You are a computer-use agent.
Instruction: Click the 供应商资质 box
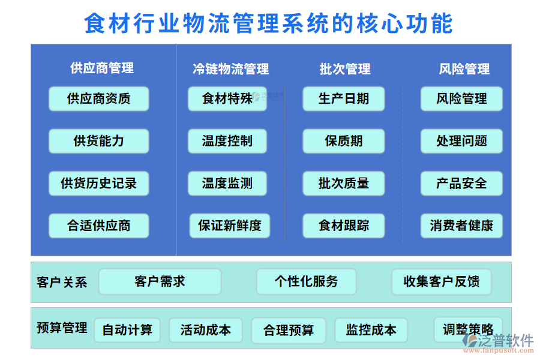point(98,98)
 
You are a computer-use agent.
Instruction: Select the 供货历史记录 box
point(98,184)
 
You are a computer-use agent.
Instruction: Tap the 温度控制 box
point(227,141)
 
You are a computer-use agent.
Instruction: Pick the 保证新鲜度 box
point(230,226)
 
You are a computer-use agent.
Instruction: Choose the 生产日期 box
point(343,98)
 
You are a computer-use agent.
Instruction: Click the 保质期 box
point(343,141)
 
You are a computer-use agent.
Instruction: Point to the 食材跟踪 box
point(343,226)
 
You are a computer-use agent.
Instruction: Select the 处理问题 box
point(461,141)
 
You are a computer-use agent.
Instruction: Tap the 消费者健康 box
point(461,226)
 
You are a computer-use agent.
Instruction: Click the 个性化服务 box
point(306,281)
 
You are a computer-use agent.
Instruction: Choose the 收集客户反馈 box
point(442,281)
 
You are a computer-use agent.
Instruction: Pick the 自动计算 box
point(127,330)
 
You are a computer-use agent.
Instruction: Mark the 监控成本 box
point(371,330)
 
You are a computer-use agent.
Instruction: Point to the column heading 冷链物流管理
point(231,69)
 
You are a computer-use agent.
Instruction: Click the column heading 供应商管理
point(102,68)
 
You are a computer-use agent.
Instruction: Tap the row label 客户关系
point(62,282)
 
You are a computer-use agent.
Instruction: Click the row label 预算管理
point(62,328)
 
